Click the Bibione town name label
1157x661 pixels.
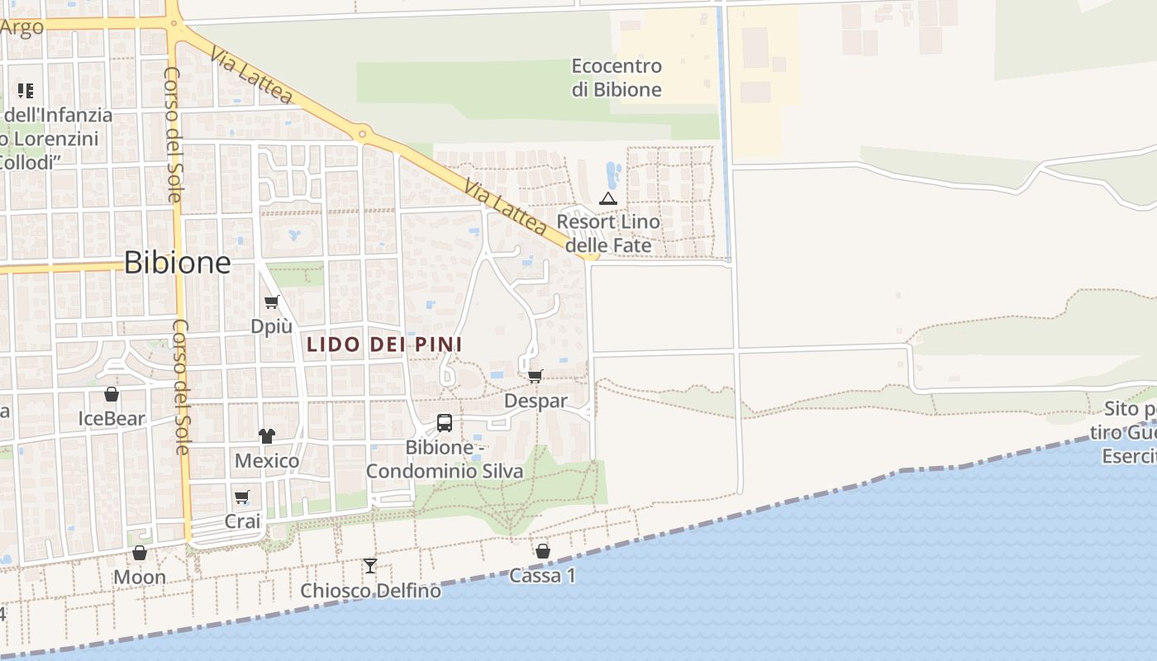[x=178, y=262]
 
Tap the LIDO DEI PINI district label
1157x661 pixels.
[x=384, y=345]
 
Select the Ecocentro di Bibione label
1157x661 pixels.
[x=617, y=78]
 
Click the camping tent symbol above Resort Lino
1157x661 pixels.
[x=608, y=198]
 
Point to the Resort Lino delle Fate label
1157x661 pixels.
[x=608, y=234]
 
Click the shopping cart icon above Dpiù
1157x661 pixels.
[x=272, y=302]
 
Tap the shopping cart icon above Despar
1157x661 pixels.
[x=536, y=377]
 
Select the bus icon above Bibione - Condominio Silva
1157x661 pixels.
[x=445, y=423]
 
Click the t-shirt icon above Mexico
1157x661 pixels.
[x=266, y=435]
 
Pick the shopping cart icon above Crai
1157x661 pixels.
[x=242, y=497]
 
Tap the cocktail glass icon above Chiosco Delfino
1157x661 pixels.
[x=370, y=566]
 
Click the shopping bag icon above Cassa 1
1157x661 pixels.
[x=543, y=551]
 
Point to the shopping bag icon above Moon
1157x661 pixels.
[x=140, y=553]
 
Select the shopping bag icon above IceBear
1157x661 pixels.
[x=112, y=394]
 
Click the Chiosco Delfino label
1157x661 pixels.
[x=370, y=591]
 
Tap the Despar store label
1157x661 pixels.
[x=536, y=402]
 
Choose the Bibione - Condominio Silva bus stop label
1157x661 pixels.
[x=445, y=459]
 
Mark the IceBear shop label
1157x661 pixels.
[x=112, y=419]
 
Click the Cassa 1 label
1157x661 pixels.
[x=542, y=576]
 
